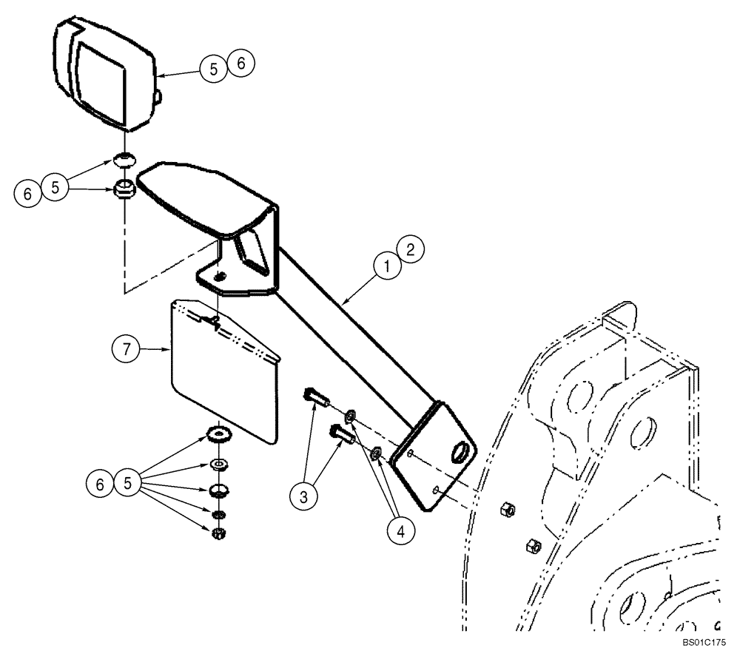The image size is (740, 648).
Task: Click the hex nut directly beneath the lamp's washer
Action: coord(124,189)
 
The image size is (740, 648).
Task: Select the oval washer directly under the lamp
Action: coord(124,158)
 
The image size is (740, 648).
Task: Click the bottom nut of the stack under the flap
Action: coord(218,533)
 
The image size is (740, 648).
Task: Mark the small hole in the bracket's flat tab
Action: coord(219,276)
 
